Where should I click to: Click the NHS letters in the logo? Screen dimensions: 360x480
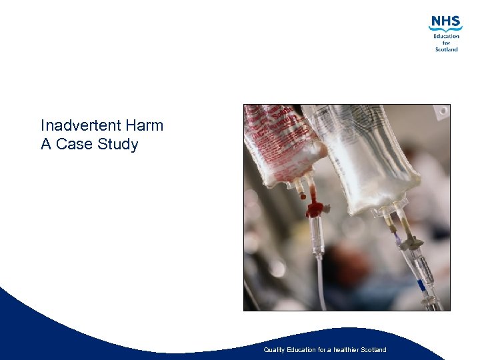click(x=445, y=22)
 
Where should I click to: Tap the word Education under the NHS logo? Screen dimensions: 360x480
click(x=446, y=37)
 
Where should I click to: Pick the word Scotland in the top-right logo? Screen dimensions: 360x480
click(x=446, y=49)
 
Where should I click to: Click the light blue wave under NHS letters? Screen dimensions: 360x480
click(x=445, y=29)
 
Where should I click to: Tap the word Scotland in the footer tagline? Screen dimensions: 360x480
click(x=371, y=350)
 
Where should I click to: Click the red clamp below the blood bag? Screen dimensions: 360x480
click(x=315, y=209)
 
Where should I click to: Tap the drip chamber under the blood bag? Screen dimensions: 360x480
click(x=317, y=233)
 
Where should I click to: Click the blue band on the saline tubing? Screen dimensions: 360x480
click(x=421, y=285)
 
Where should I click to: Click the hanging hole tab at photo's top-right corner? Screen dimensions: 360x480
click(x=440, y=111)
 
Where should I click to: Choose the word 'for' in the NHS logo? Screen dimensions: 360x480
click(x=446, y=43)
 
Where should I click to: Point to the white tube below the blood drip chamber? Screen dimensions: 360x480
click(x=319, y=280)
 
